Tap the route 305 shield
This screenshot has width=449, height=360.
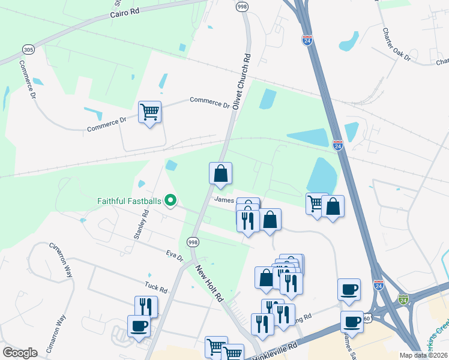coord(28,49)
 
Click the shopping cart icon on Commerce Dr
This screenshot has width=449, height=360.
coord(149,112)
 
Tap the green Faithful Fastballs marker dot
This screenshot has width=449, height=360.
coord(170,201)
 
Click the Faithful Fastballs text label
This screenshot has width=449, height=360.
coord(130,201)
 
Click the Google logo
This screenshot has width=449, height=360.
coord(20,353)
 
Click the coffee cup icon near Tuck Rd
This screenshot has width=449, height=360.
coord(139,326)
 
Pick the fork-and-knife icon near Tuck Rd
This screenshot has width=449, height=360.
coord(146,306)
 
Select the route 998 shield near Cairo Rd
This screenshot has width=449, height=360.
coord(242,7)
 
